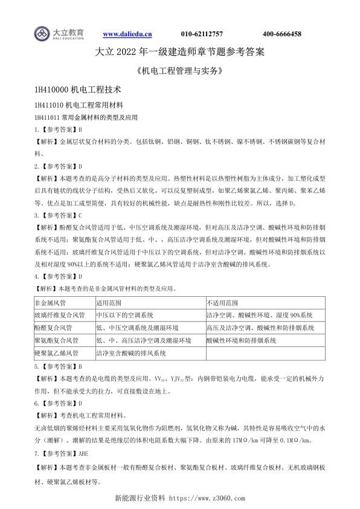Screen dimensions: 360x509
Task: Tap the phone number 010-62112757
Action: pos(202,34)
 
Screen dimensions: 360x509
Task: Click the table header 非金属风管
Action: pos(50,302)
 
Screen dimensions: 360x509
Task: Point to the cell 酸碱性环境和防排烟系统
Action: pos(241,341)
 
